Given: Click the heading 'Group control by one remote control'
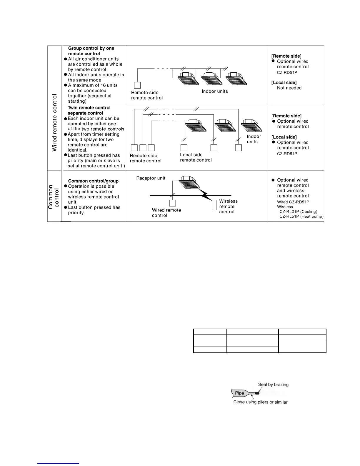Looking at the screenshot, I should click(x=91, y=51).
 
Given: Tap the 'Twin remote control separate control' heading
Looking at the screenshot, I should click(x=89, y=110).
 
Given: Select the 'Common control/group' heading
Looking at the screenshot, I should click(x=93, y=181).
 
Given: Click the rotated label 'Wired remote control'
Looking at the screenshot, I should click(x=55, y=123).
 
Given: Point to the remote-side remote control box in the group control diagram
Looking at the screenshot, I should click(x=137, y=85).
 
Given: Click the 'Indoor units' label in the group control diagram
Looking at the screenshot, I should click(x=215, y=91).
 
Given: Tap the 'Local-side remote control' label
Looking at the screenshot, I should click(x=196, y=157).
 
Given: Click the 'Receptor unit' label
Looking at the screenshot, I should click(x=151, y=178).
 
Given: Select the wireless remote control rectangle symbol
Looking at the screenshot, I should click(x=214, y=205).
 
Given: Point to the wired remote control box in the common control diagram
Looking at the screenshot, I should click(x=173, y=203).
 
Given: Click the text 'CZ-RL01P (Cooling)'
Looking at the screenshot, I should click(x=298, y=212).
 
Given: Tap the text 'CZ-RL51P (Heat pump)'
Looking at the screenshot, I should click(x=301, y=217).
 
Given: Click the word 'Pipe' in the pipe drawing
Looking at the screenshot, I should click(x=239, y=393).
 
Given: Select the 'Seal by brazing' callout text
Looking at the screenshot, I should click(x=273, y=385).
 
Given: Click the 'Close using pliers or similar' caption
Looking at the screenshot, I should click(x=260, y=402).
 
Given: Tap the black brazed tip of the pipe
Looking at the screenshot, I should click(x=257, y=393).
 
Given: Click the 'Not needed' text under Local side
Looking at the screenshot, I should click(x=289, y=88).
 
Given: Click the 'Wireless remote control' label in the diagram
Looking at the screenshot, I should click(x=228, y=207).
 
